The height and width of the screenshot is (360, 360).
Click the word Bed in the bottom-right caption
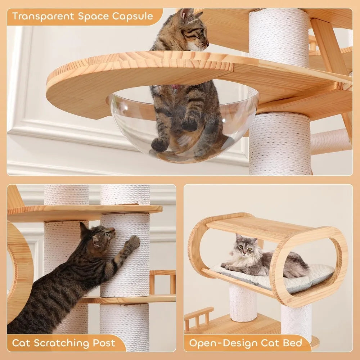point(292,343)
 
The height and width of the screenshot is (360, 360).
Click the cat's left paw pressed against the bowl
point(159,144)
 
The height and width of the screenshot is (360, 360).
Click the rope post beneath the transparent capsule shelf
point(279,144)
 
